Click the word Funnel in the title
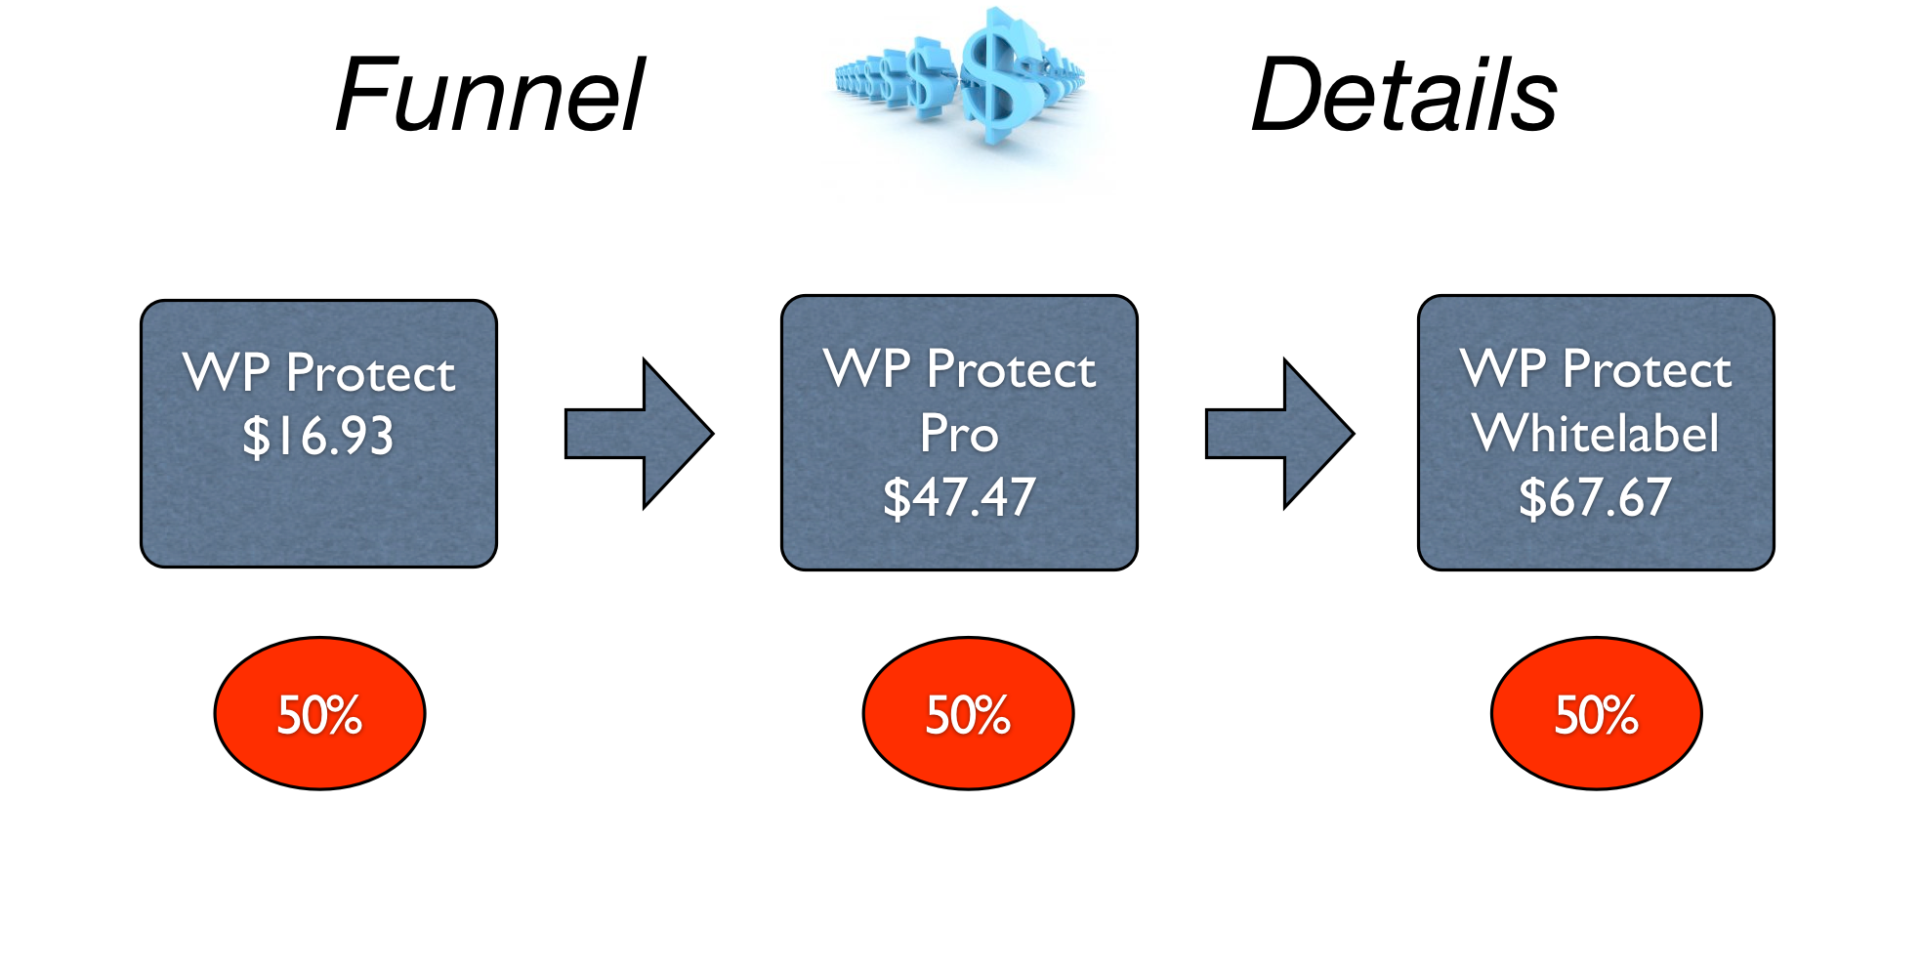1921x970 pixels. (x=489, y=96)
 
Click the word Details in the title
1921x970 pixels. (x=1403, y=96)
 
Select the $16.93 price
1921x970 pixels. (x=318, y=437)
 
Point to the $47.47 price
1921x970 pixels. (x=959, y=497)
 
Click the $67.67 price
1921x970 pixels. (x=1595, y=497)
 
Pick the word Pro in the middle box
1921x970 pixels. (x=959, y=433)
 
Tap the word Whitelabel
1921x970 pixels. (x=1596, y=433)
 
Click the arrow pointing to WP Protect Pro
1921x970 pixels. (x=639, y=434)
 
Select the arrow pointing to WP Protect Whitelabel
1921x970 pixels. (x=1279, y=434)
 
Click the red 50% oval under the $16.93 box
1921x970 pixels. (x=319, y=714)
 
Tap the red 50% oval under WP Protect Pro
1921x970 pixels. (x=968, y=714)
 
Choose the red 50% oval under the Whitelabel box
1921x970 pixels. (x=1596, y=714)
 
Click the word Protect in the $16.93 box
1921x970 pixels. (x=371, y=373)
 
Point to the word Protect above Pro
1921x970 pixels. (x=1012, y=369)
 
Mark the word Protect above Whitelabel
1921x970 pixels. (x=1648, y=369)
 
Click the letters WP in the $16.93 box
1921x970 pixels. (x=227, y=373)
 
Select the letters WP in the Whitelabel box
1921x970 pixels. (x=1504, y=369)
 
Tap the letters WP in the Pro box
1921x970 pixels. (x=867, y=369)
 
